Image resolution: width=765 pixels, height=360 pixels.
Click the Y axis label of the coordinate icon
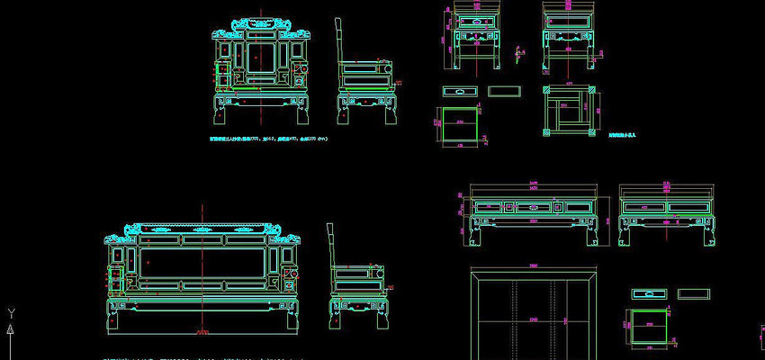(10, 313)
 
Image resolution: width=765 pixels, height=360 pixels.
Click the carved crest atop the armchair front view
(262, 24)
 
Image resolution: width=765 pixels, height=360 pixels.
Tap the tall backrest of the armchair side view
(338, 41)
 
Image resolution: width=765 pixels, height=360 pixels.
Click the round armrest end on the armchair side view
(390, 66)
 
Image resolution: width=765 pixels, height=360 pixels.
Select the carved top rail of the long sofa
(203, 229)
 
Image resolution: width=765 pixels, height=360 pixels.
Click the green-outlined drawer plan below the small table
(460, 123)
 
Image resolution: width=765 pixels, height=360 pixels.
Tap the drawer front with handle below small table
(461, 91)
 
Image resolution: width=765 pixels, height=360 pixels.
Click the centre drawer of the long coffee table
(533, 207)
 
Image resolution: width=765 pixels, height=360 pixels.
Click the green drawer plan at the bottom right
(648, 325)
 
